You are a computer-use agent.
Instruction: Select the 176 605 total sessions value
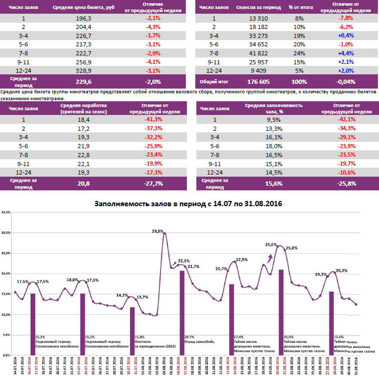click(x=258, y=82)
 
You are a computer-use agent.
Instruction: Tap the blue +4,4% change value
click(x=346, y=53)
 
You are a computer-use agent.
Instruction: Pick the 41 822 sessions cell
click(x=258, y=53)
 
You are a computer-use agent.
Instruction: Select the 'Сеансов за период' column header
click(x=258, y=7)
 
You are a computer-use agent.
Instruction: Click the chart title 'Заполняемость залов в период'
click(x=188, y=204)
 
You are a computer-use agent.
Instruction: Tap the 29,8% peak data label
click(x=157, y=230)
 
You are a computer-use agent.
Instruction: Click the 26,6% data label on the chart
click(x=271, y=245)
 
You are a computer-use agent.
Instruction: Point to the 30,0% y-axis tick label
click(x=7, y=233)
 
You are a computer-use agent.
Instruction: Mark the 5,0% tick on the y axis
click(x=7, y=335)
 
